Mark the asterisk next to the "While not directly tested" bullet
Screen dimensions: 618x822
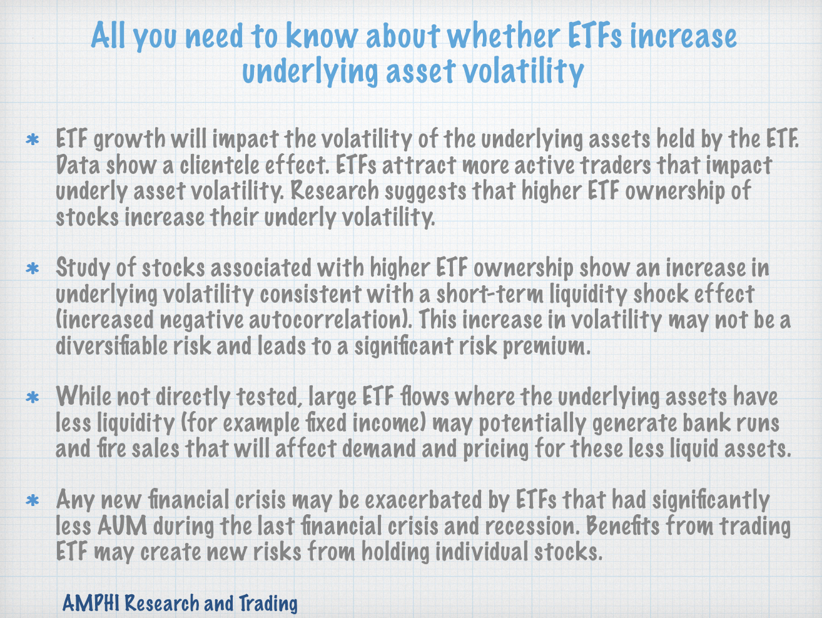(33, 398)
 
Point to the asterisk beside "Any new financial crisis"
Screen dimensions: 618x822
(33, 501)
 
